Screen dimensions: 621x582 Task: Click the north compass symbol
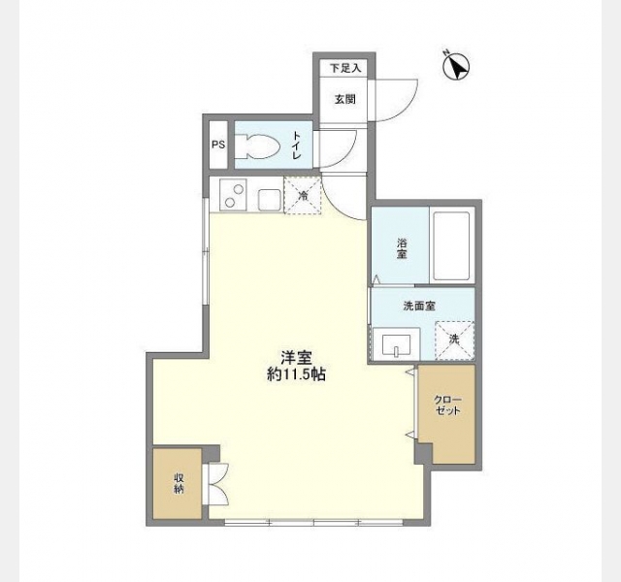[x=455, y=66]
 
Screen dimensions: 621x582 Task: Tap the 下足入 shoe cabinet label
[x=345, y=68]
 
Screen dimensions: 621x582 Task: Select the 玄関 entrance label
[x=345, y=99]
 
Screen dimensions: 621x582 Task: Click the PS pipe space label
[x=218, y=145]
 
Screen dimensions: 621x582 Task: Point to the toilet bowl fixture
[x=257, y=145]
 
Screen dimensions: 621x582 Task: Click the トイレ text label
[x=297, y=145]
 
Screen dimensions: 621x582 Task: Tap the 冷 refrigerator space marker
[x=303, y=196]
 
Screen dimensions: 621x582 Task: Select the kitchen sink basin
[x=270, y=201]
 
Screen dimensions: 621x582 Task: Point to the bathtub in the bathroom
[x=451, y=245]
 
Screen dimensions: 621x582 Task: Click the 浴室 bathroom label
[x=402, y=248]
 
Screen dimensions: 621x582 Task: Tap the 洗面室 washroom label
[x=419, y=307]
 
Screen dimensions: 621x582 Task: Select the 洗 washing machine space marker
[x=454, y=340]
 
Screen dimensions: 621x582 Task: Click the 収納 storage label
[x=179, y=483]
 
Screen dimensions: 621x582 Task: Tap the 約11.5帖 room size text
[x=296, y=374]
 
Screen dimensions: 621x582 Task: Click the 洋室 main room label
[x=296, y=358]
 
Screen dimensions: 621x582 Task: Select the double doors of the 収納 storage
[x=215, y=484]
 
